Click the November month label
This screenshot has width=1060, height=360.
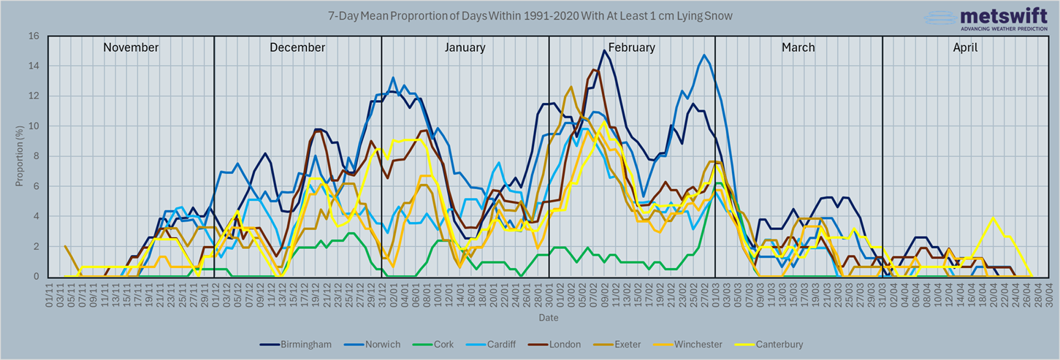click(131, 47)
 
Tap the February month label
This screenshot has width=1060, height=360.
click(631, 47)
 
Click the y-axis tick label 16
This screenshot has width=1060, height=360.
click(34, 36)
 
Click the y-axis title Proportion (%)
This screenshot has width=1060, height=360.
click(20, 156)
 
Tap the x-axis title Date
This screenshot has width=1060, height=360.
click(548, 318)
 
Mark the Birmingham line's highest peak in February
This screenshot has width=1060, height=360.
click(603, 50)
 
